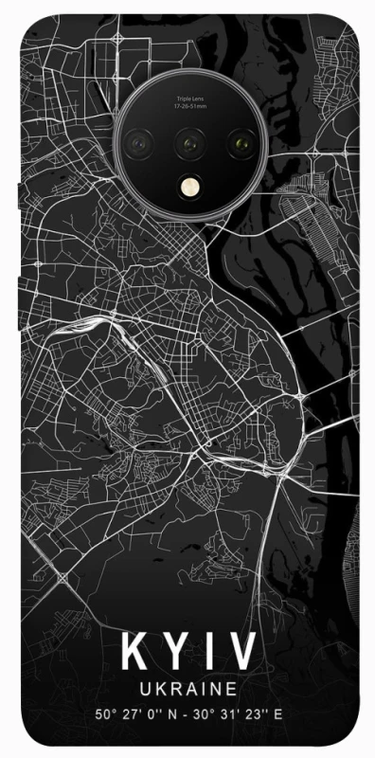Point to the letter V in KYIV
(x=241, y=654)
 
